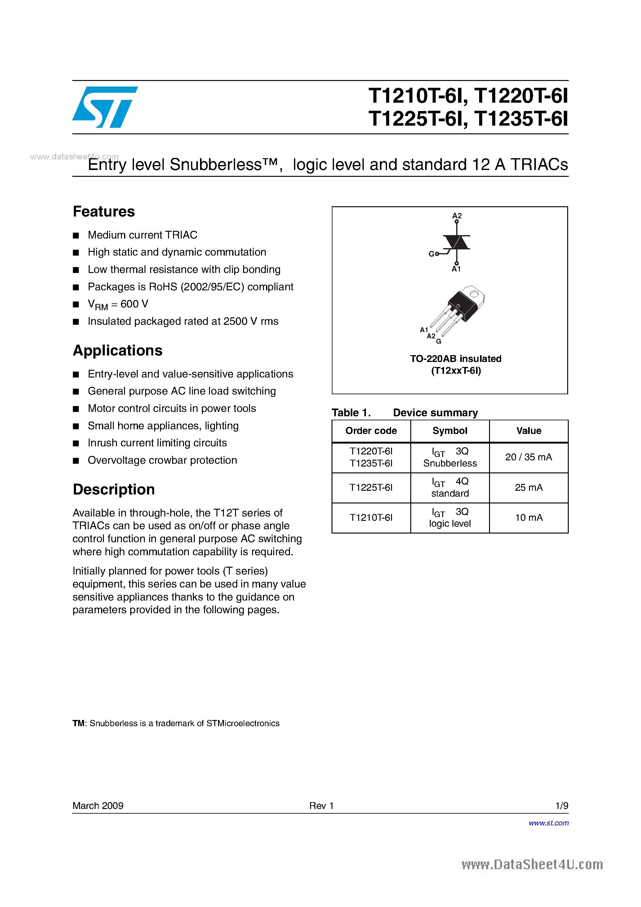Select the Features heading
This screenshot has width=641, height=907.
104,212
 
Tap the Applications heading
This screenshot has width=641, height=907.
118,351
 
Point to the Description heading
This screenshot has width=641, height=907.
114,489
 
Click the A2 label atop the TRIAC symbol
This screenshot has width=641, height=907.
457,216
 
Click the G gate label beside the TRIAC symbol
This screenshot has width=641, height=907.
431,254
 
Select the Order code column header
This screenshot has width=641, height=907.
371,431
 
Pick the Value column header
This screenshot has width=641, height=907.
528,431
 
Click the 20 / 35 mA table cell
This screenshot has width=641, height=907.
528,458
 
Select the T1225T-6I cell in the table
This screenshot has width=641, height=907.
371,488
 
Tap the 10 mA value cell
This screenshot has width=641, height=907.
528,518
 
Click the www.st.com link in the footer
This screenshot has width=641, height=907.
549,823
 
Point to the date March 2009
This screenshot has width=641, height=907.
98,806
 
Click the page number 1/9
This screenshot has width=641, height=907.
561,806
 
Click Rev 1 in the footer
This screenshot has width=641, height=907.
322,806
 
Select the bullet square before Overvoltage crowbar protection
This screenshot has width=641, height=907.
76,461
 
